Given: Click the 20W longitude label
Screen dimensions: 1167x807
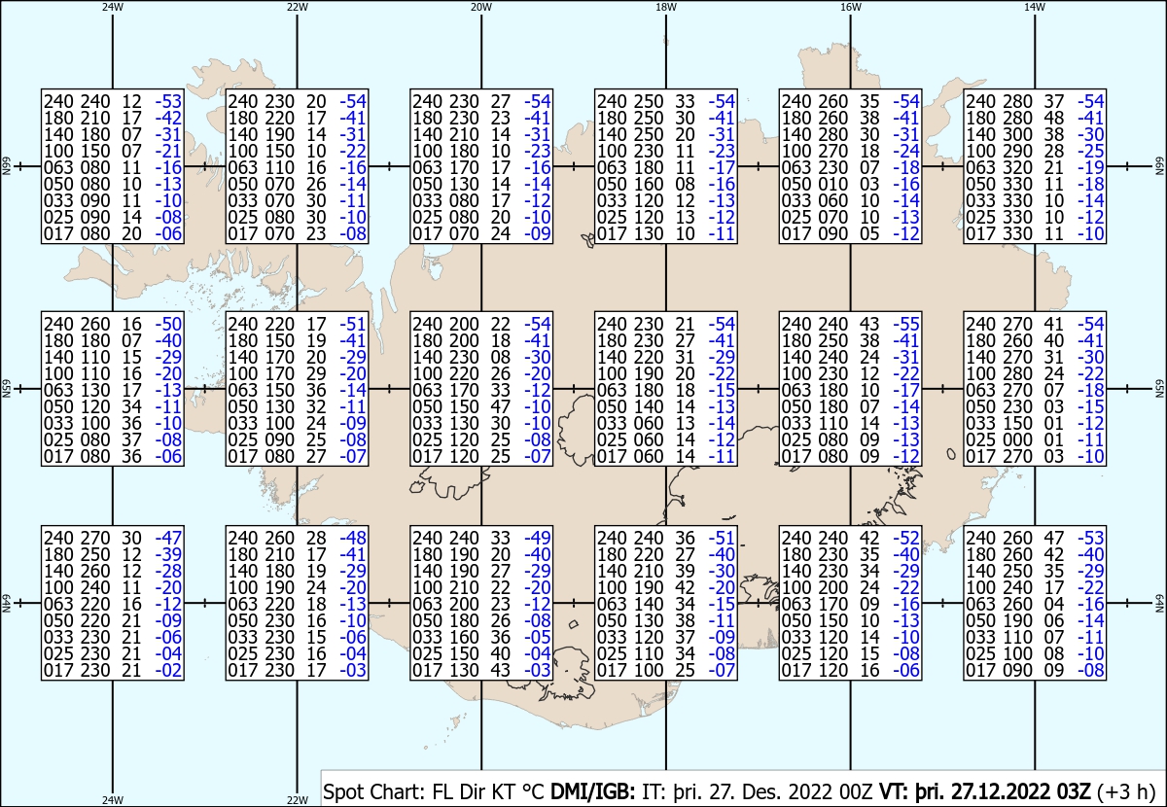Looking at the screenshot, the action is pos(480,7).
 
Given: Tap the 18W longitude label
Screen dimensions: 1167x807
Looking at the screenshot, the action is pos(666,7).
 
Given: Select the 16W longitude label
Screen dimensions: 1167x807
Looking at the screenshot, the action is pos(850,7).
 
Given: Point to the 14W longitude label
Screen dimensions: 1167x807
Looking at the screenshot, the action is pos(1035,7).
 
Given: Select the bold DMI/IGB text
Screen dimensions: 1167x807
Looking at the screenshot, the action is pos(593,791).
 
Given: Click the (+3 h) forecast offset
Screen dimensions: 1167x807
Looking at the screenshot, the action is pos(1126,791).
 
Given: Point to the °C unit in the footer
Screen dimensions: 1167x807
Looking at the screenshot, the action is pos(534,791).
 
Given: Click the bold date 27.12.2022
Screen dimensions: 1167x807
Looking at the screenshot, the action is pos(1001,791).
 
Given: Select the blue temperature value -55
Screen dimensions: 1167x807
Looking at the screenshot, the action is pos(906,324).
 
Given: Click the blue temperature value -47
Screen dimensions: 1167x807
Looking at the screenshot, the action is pos(168,538).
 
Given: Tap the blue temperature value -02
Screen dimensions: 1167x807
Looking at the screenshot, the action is pos(168,670).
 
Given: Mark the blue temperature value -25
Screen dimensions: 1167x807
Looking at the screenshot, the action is pos(1090,151).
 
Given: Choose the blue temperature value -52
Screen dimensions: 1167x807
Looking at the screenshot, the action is pos(906,538).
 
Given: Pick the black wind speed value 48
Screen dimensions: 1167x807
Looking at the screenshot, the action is pos(1053,118).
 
